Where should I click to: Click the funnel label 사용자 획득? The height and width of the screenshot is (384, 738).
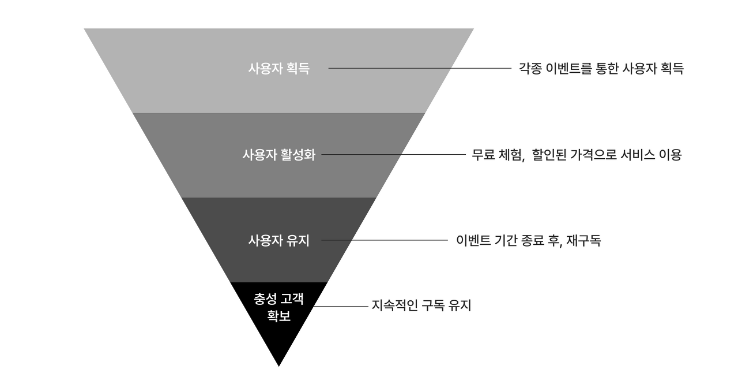(278, 69)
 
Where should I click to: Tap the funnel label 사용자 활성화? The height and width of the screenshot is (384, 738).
(278, 154)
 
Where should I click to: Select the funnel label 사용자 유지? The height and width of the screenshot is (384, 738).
(278, 240)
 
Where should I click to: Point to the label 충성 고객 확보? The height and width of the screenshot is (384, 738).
(278, 307)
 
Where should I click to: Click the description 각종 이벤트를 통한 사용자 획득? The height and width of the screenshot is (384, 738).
(601, 69)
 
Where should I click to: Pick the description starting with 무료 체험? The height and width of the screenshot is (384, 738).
(577, 154)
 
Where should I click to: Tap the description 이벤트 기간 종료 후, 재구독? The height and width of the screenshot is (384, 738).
(529, 240)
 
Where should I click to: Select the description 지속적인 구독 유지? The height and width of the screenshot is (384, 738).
(421, 305)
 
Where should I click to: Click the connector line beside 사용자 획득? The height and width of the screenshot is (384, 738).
(420, 68)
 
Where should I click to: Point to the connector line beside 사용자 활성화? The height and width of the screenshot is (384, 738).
(394, 154)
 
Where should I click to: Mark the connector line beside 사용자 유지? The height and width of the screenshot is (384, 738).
(385, 240)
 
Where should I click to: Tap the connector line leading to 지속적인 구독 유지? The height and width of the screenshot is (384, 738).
(341, 306)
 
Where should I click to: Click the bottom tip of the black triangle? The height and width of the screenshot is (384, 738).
(278, 366)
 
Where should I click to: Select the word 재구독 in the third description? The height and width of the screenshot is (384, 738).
(584, 240)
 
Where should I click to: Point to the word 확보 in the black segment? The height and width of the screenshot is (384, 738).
(278, 316)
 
